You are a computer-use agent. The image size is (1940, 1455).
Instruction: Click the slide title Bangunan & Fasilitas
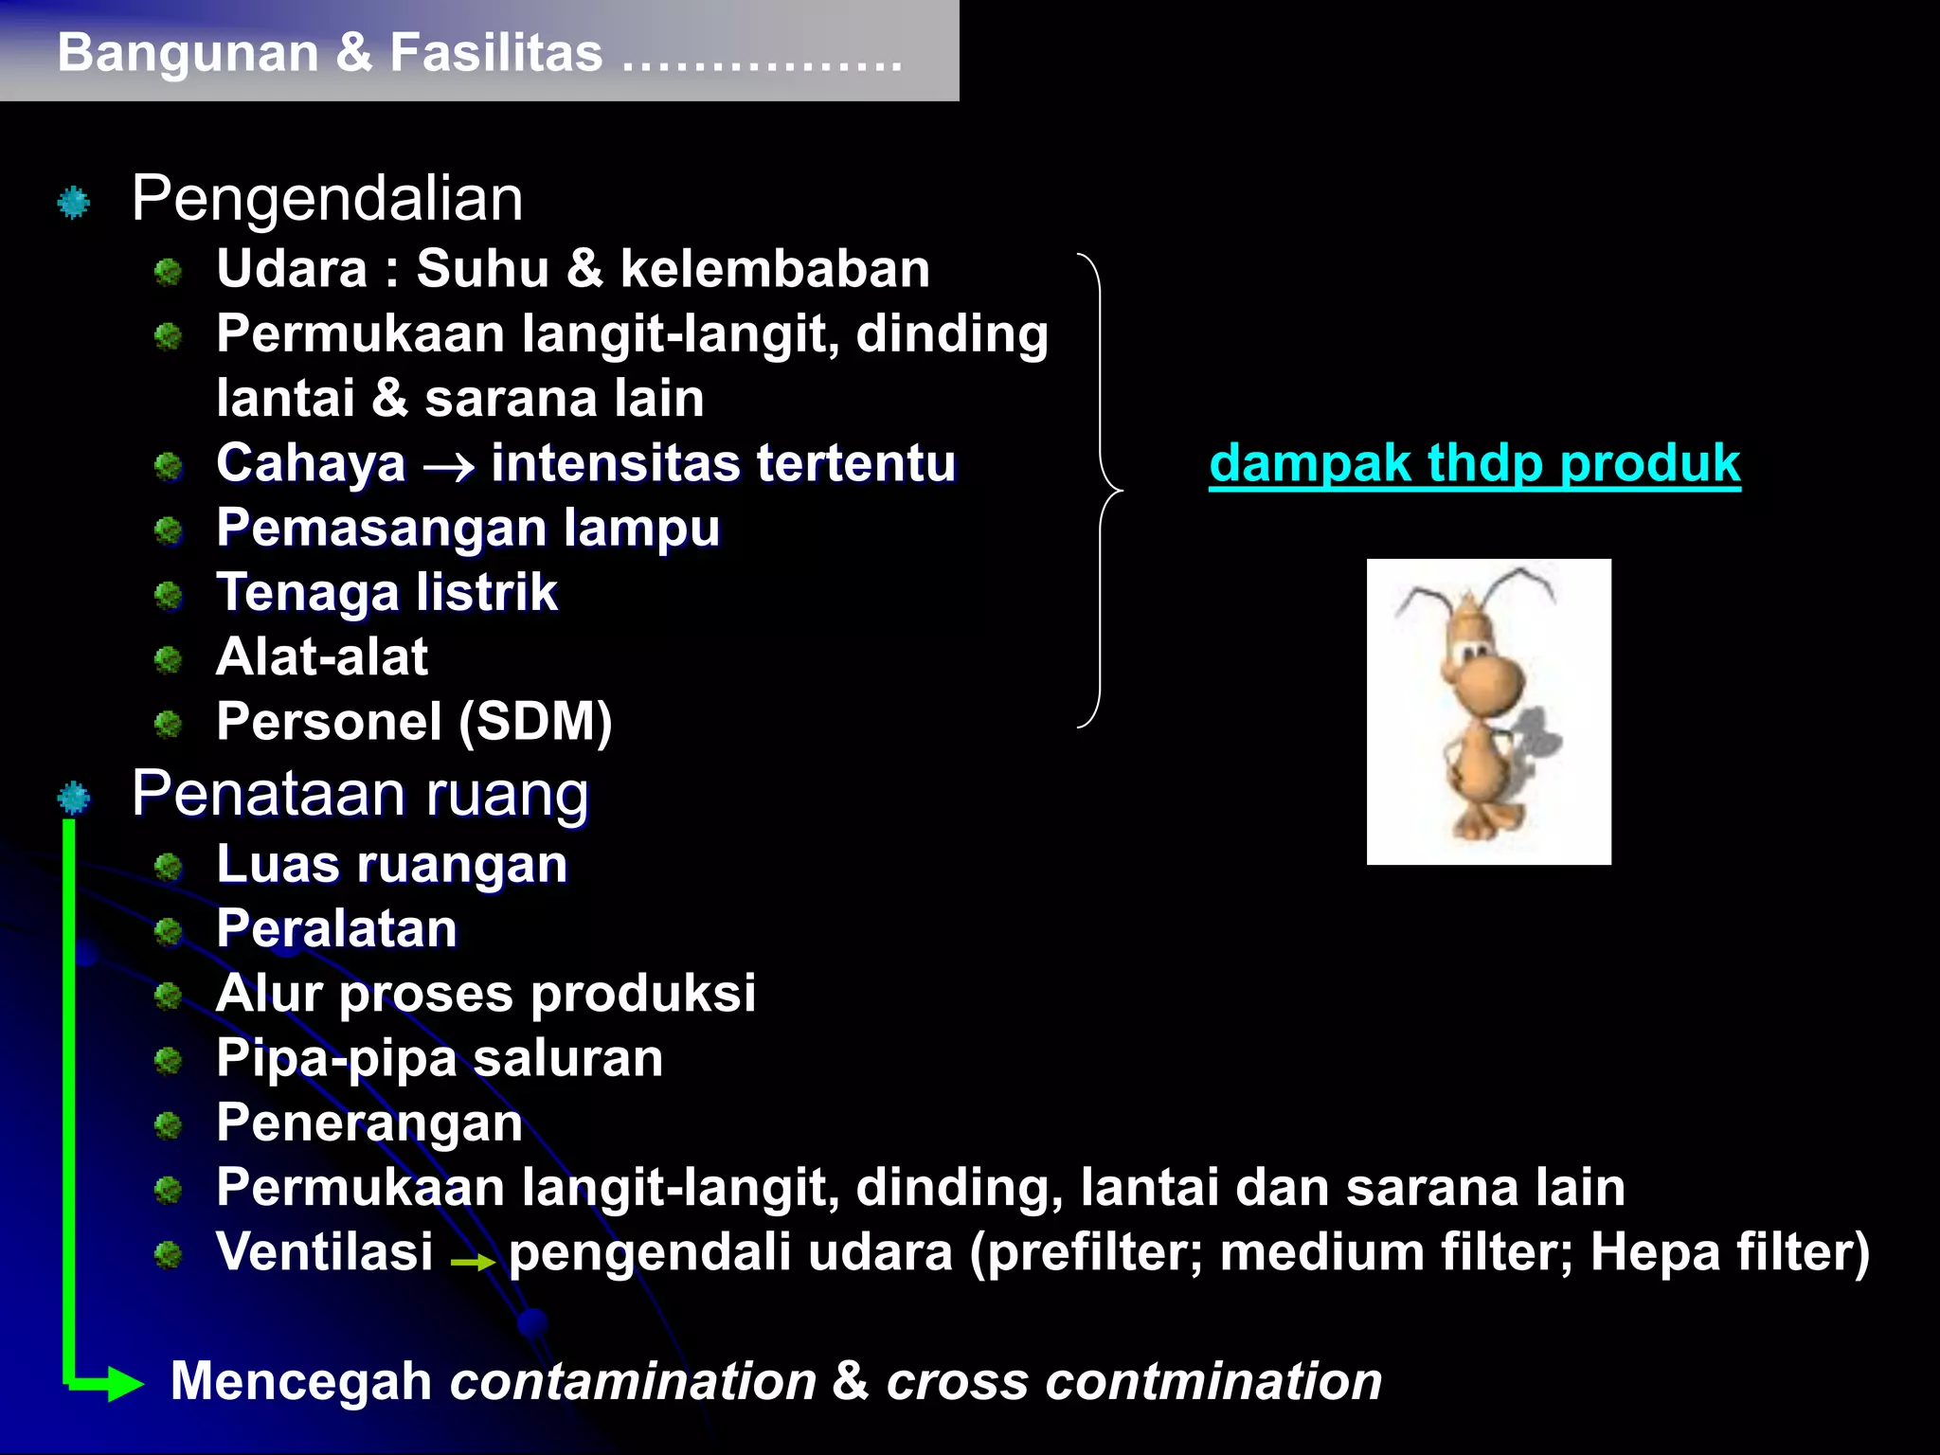[x=330, y=52]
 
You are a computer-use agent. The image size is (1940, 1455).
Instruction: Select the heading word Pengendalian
[x=327, y=199]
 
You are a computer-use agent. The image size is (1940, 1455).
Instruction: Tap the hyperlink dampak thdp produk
[x=1474, y=463]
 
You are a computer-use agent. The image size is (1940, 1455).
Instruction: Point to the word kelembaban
[x=775, y=269]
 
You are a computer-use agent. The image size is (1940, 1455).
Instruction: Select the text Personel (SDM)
[x=414, y=722]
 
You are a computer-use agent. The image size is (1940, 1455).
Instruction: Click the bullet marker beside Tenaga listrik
[x=169, y=595]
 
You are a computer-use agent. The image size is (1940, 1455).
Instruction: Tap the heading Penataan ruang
[x=360, y=794]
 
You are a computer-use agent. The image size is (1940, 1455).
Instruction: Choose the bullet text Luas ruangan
[x=391, y=865]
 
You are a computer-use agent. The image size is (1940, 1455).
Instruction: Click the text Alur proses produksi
[x=485, y=994]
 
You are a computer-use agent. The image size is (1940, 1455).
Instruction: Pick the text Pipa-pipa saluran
[x=440, y=1058]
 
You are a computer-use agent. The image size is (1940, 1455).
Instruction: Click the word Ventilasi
[x=324, y=1252]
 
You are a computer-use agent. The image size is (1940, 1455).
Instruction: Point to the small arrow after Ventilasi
[x=473, y=1262]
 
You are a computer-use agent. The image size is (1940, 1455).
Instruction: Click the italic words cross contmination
[x=1134, y=1381]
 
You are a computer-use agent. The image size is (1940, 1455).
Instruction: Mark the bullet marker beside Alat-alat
[x=169, y=659]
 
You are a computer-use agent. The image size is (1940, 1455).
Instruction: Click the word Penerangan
[x=369, y=1123]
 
